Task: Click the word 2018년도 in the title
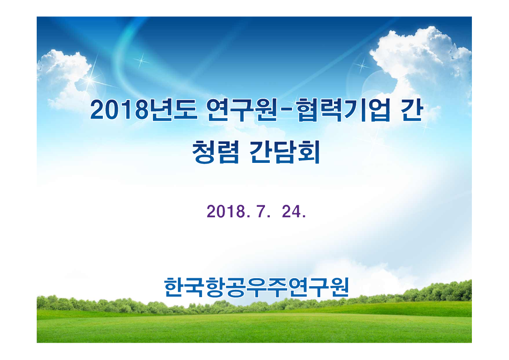click(x=143, y=110)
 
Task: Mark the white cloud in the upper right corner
click(x=423, y=60)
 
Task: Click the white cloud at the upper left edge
click(x=60, y=73)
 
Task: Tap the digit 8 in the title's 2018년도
click(x=140, y=110)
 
